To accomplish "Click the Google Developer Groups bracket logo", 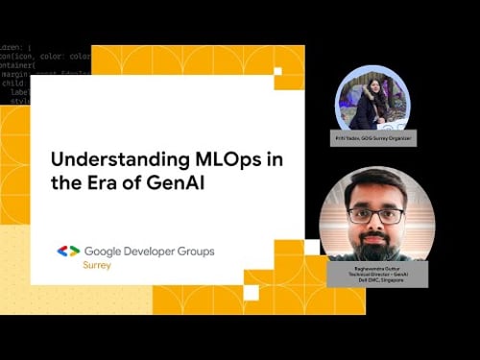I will click(68, 252).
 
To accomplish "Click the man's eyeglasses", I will click(376, 214).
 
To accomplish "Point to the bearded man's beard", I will click(376, 239).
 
